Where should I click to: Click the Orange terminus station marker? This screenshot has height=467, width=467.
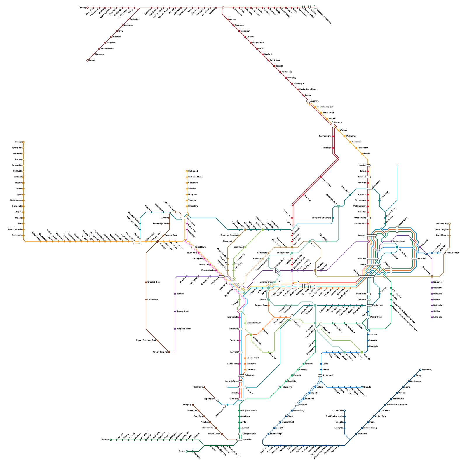pyautogui.click(x=23, y=142)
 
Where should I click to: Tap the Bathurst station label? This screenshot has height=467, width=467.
pyautogui.click(x=18, y=177)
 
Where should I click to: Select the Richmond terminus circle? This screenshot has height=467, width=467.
pyautogui.click(x=187, y=171)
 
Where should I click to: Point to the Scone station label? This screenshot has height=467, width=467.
pyautogui.click(x=92, y=60)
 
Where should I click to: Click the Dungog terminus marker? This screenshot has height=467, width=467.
pyautogui.click(x=88, y=8)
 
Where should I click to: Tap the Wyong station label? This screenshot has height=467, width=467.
pyautogui.click(x=232, y=19)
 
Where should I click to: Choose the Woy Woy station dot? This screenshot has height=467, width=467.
pyautogui.click(x=286, y=78)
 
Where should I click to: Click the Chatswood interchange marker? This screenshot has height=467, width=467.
pyautogui.click(x=370, y=189)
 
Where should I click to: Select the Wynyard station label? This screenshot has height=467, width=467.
pyautogui.click(x=362, y=235)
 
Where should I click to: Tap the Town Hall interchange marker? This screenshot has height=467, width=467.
pyautogui.click(x=373, y=259)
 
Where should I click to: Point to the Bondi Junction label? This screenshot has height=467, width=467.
pyautogui.click(x=452, y=253)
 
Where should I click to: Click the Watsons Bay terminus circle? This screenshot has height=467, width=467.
pyautogui.click(x=449, y=224)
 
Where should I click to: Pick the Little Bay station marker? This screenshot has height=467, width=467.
pyautogui.click(x=432, y=317)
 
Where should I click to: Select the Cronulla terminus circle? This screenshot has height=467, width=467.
pyautogui.click(x=362, y=387)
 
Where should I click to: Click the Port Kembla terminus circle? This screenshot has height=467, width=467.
pyautogui.click(x=344, y=411)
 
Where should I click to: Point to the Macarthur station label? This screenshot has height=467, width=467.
pyautogui.click(x=247, y=440)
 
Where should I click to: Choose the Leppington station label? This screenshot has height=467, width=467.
pyautogui.click(x=209, y=399)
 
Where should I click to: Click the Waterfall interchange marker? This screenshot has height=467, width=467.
pyautogui.click(x=297, y=405)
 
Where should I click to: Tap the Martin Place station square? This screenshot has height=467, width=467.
pyautogui.click(x=397, y=247)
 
